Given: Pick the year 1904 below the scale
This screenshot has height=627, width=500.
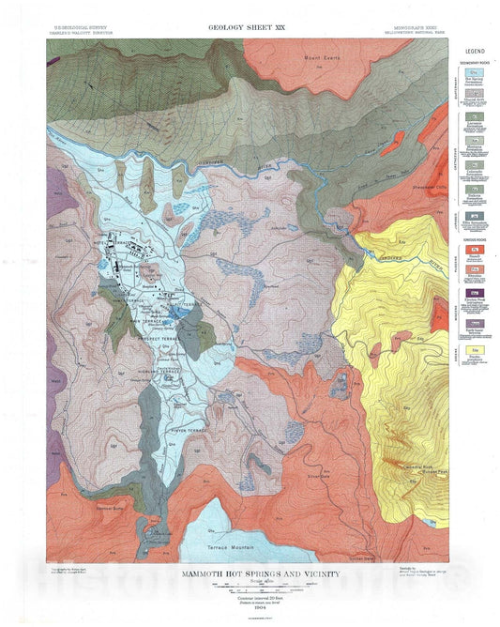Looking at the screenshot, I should click(250, 608).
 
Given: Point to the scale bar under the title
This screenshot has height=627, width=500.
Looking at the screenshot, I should click(250, 587).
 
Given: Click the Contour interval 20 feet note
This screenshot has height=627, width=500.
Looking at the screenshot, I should click(250, 596).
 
